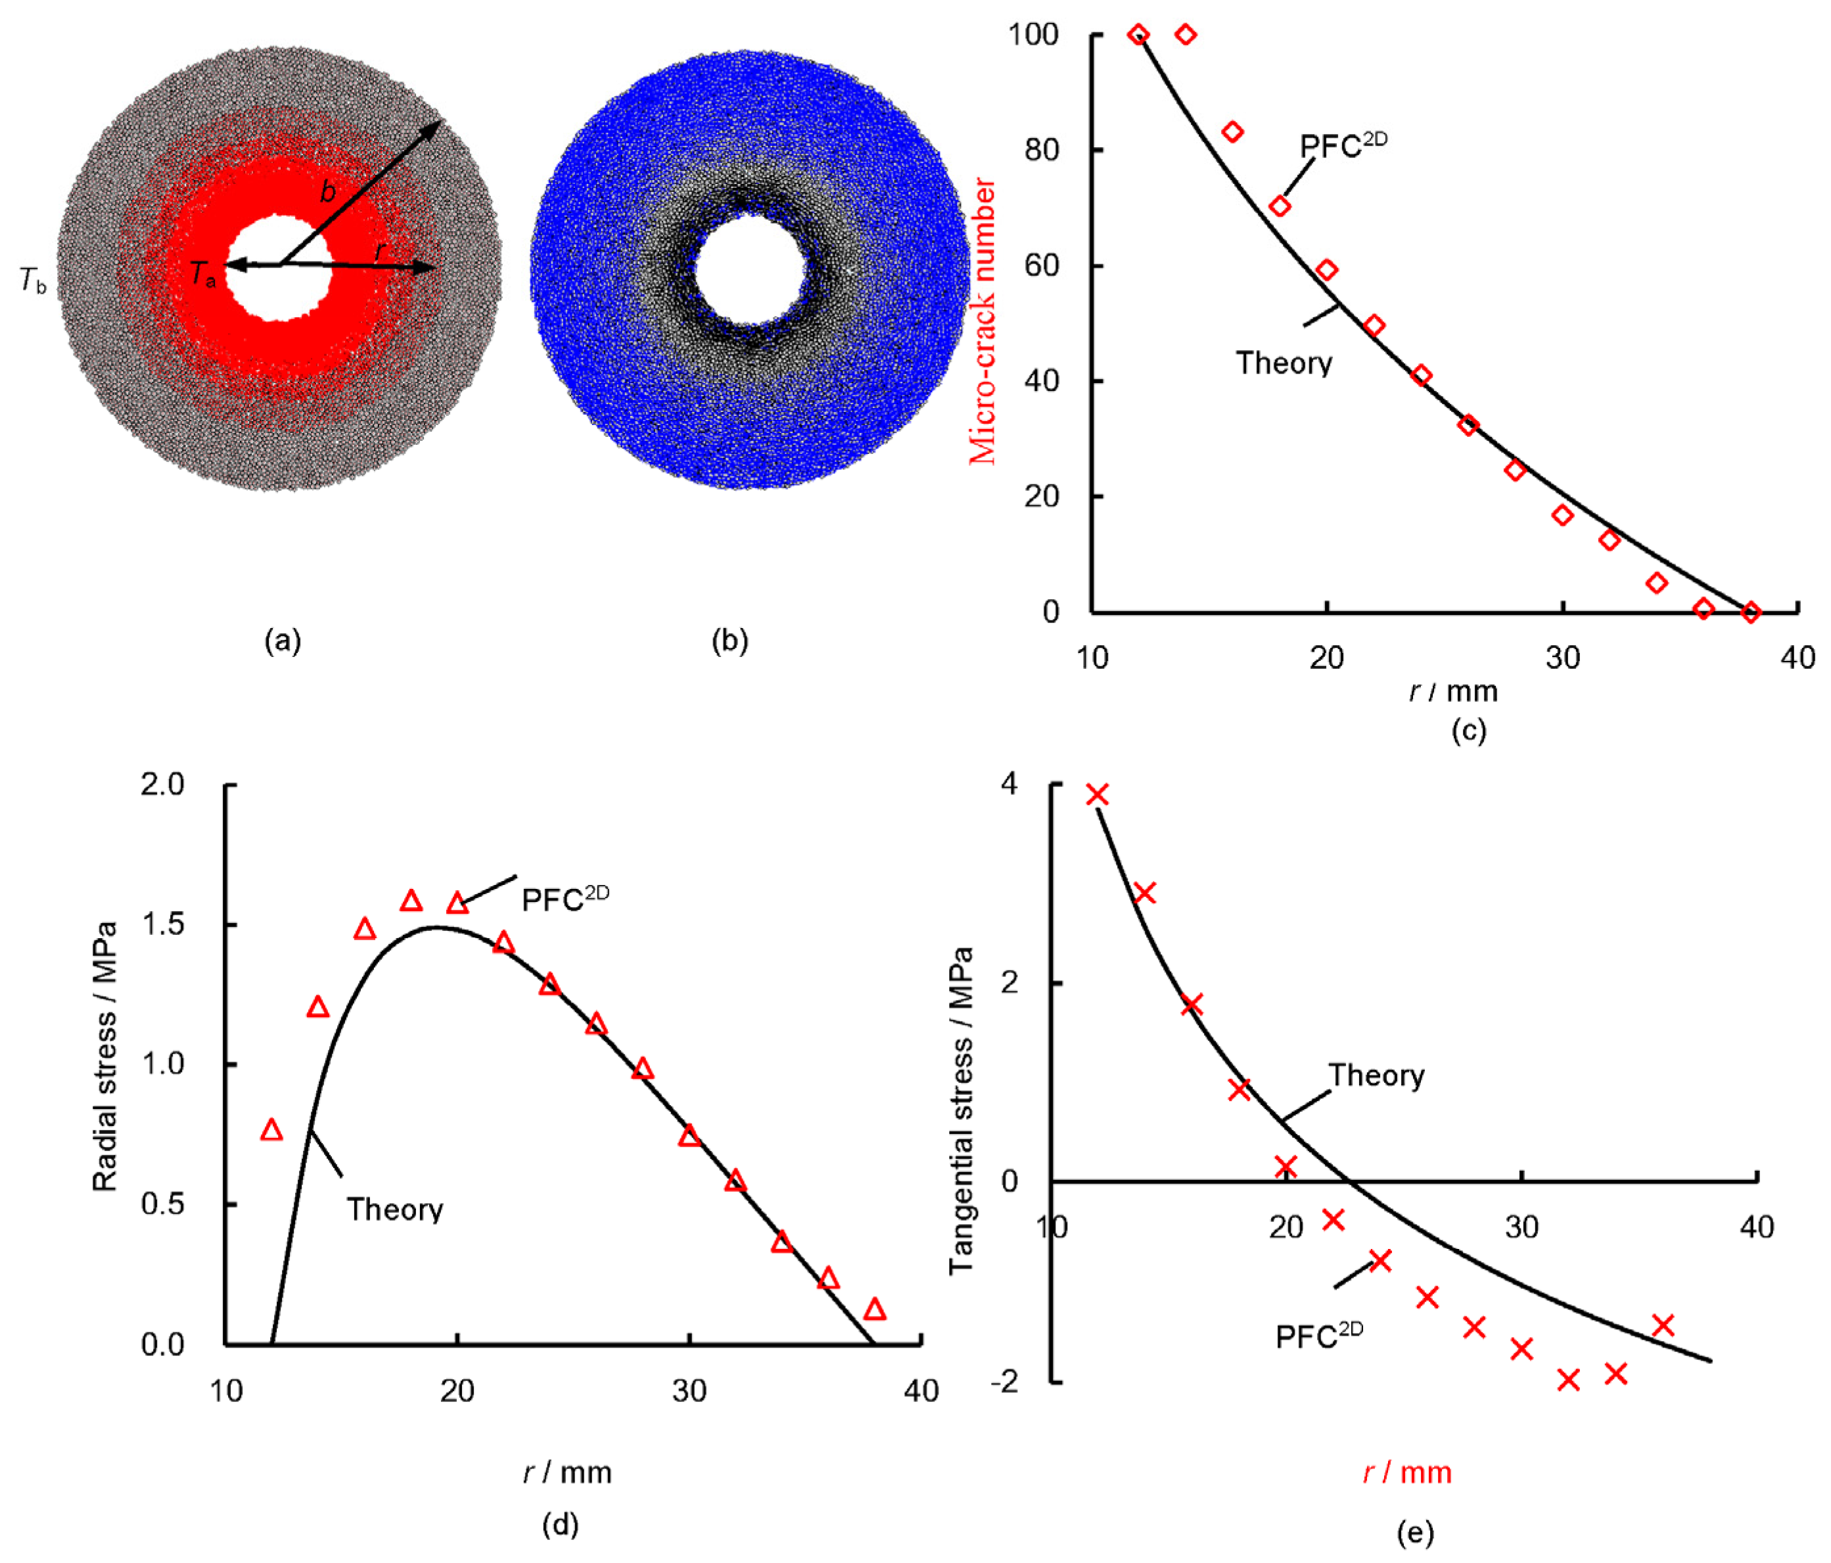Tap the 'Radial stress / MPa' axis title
[x=104, y=1056]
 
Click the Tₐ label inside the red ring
[x=202, y=274]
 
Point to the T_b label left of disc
[x=33, y=281]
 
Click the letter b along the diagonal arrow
[x=328, y=191]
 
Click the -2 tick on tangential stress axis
[x=1005, y=1381]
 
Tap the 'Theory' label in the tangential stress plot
[x=1376, y=1076]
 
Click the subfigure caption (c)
[x=1469, y=730]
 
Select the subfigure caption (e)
[x=1415, y=1532]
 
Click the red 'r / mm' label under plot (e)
[x=1407, y=1472]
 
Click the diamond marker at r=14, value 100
[x=1186, y=34]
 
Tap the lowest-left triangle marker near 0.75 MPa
[x=271, y=1130]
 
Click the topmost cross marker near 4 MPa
[x=1097, y=794]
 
